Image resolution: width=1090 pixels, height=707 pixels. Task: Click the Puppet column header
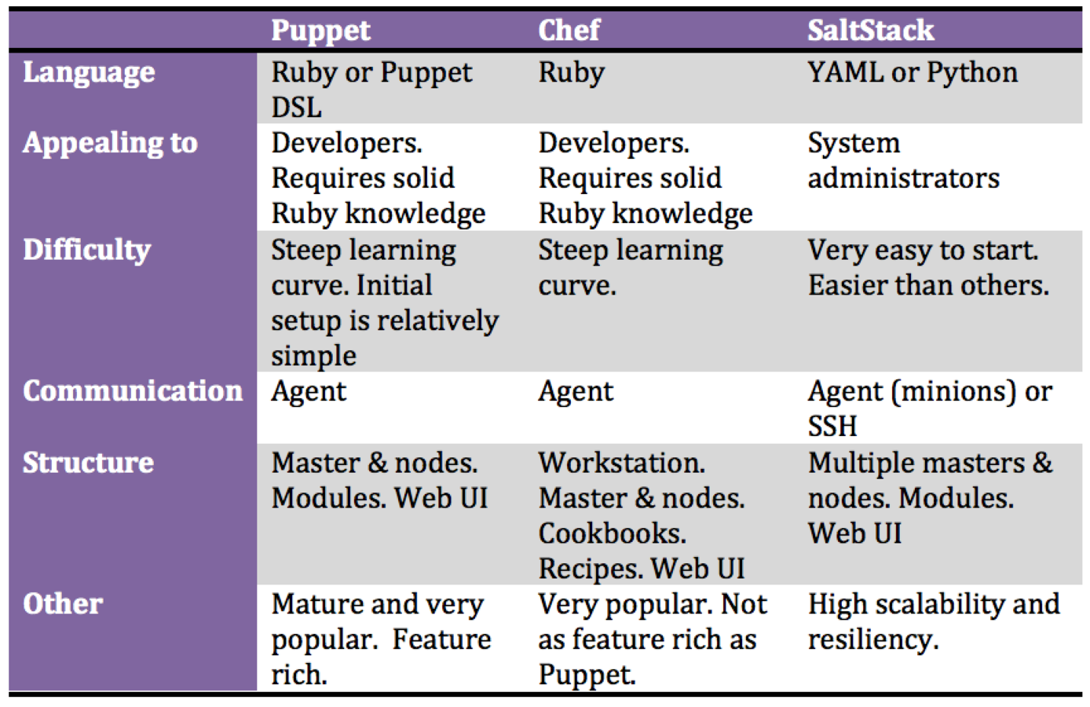tap(320, 31)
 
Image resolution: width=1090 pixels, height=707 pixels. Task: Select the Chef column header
tap(569, 30)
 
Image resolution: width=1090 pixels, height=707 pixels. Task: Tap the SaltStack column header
tap(871, 30)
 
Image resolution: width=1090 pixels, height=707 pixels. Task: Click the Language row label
tap(89, 74)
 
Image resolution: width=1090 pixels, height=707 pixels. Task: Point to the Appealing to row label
tap(110, 144)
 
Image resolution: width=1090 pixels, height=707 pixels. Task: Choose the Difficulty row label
tap(87, 251)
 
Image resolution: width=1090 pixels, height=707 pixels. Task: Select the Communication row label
tap(133, 391)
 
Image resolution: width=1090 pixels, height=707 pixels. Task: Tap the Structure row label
tap(88, 462)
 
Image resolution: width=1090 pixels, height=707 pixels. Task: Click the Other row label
tap(63, 604)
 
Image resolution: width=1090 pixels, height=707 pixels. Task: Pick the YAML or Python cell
tap(913, 74)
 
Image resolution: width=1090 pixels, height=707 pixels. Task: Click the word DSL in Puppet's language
tap(296, 108)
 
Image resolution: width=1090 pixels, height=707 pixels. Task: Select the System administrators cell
tap(904, 161)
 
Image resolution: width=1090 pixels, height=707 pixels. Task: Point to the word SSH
tap(832, 426)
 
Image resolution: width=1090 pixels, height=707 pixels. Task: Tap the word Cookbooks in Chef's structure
tap(613, 533)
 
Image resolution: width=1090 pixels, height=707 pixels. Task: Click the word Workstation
tap(621, 463)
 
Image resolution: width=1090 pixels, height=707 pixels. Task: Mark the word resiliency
tap(873, 639)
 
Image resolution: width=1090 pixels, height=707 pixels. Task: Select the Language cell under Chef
tap(571, 74)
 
